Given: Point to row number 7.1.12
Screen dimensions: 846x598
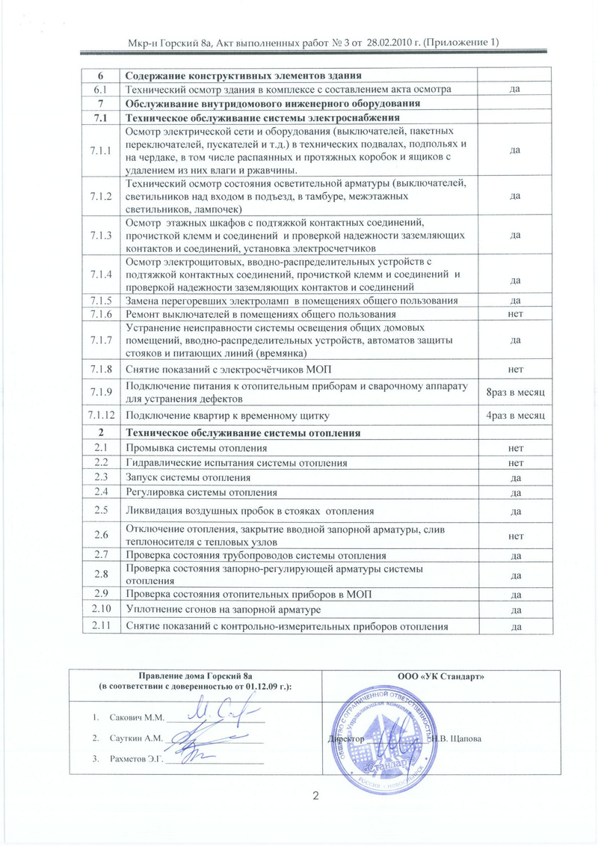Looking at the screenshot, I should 100,414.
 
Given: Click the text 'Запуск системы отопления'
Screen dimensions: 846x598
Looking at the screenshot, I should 188,477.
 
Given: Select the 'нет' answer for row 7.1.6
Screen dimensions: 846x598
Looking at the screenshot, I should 515,315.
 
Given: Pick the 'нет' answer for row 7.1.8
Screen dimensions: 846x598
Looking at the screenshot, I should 515,370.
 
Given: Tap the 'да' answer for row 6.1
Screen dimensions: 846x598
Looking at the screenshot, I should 515,89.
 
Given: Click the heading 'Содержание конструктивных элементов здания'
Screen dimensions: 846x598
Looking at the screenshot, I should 244,76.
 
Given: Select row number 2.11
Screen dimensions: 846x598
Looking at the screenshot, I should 100,625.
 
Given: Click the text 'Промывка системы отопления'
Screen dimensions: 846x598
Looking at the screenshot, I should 197,448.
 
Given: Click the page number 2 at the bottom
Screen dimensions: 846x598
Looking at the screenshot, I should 316,795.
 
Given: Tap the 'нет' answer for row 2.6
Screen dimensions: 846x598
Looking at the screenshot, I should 515,536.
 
